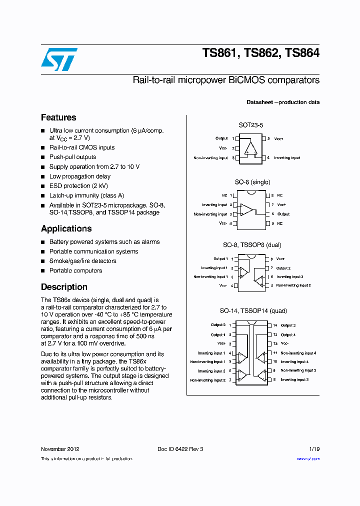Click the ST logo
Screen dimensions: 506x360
(x=59, y=59)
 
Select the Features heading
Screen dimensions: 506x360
(x=58, y=117)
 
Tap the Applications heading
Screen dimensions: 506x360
(x=66, y=228)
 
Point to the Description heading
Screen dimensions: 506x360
(x=64, y=287)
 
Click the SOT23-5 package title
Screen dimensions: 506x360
(x=250, y=125)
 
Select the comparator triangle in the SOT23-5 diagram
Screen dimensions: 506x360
(x=250, y=148)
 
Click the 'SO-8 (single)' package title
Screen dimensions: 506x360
(x=252, y=182)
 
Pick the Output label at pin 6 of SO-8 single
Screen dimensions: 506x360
(x=283, y=214)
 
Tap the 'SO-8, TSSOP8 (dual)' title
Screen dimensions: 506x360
(x=252, y=245)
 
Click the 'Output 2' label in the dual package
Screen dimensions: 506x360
(x=283, y=268)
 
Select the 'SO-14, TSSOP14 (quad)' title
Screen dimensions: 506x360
(x=253, y=310)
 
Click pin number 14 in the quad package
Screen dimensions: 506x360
(x=274, y=325)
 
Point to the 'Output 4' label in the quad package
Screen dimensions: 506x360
(x=288, y=334)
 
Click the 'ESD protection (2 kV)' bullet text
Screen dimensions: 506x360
(x=78, y=186)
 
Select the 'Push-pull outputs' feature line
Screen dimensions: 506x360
(x=72, y=157)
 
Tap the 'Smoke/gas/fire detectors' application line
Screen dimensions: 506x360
(x=82, y=261)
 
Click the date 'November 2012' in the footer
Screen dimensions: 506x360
(x=59, y=449)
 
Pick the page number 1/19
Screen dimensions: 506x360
(x=314, y=449)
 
